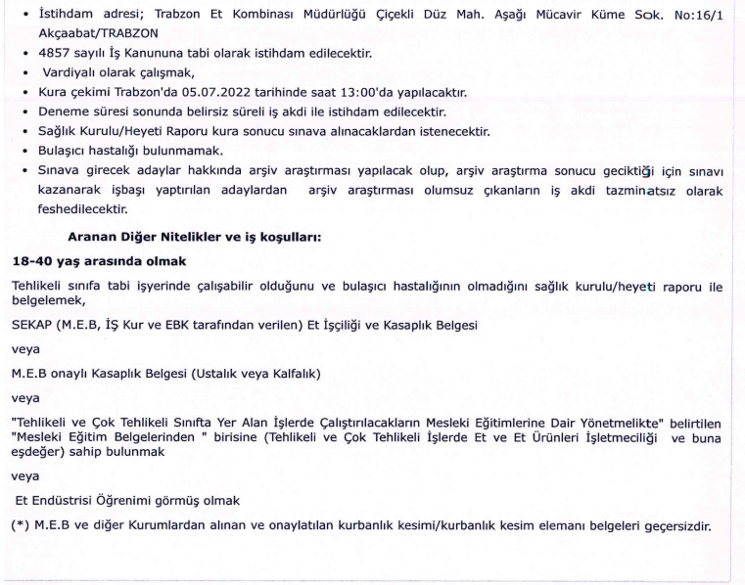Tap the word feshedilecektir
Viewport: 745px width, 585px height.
(76, 208)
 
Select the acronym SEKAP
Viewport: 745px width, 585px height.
(31, 324)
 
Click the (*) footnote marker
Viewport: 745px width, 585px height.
(20, 525)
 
